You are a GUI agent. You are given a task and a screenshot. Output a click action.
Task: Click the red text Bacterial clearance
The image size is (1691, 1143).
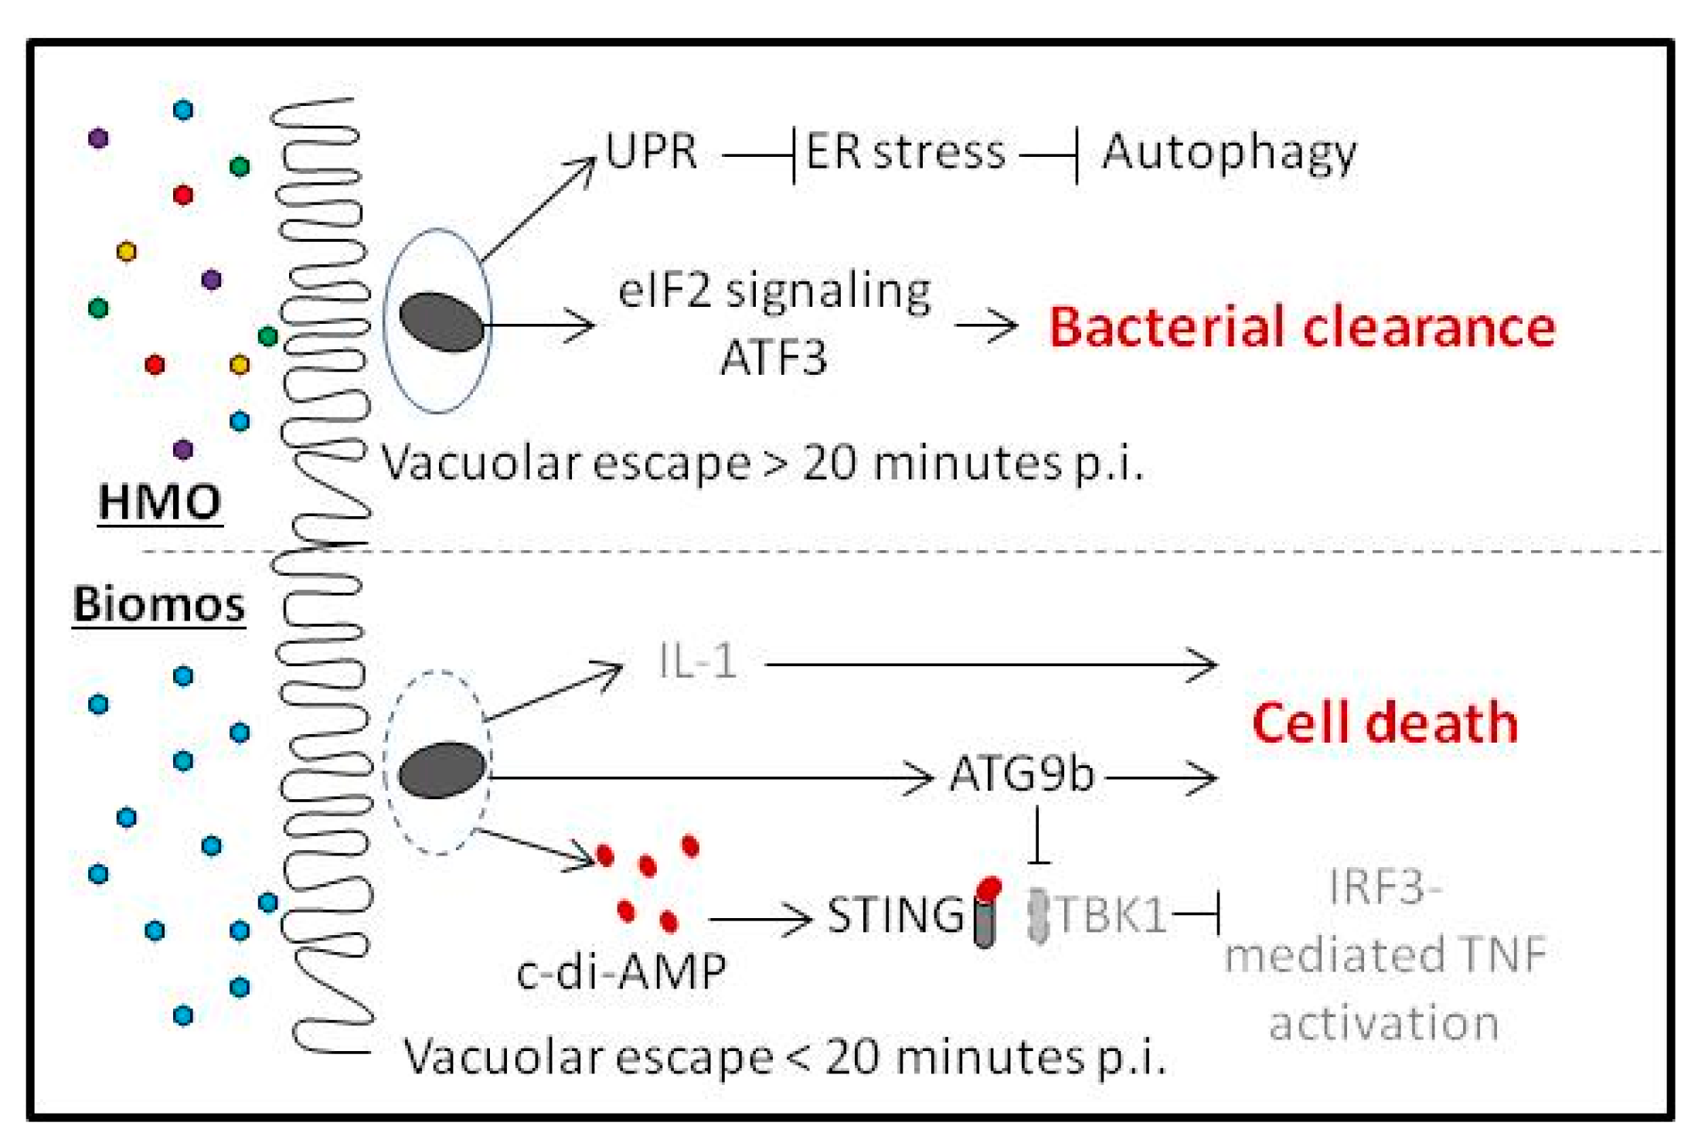click(1301, 327)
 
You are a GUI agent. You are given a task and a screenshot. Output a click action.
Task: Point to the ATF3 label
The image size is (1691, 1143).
click(773, 358)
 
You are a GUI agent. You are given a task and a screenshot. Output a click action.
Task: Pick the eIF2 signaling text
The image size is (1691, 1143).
click(774, 292)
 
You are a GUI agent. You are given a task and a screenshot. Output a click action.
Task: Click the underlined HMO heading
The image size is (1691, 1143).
click(160, 502)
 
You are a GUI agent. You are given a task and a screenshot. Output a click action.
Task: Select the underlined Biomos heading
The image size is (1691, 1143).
click(158, 604)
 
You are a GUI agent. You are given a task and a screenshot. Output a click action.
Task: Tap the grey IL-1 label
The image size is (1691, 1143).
click(697, 662)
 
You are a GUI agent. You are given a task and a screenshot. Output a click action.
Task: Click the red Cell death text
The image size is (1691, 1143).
click(1384, 723)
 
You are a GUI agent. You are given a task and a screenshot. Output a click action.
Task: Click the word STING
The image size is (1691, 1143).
click(896, 916)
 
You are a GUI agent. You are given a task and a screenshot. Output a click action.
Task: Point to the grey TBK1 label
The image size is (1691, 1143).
click(1109, 916)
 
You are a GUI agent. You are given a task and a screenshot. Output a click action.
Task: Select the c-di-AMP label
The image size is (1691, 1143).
click(621, 971)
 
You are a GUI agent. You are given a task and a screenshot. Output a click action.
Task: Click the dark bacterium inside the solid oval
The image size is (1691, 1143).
click(441, 322)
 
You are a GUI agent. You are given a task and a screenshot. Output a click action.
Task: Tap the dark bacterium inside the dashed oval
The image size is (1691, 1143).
click(441, 769)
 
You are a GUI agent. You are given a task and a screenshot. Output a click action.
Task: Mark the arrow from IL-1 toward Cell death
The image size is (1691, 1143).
click(989, 664)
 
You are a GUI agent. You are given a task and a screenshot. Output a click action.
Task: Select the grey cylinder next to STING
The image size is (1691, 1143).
click(985, 924)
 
